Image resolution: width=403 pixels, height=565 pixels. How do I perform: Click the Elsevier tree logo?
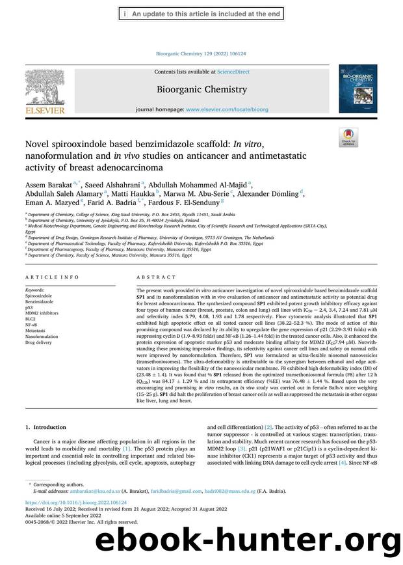click(x=45, y=89)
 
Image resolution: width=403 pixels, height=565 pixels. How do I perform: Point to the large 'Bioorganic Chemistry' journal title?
click(x=201, y=90)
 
